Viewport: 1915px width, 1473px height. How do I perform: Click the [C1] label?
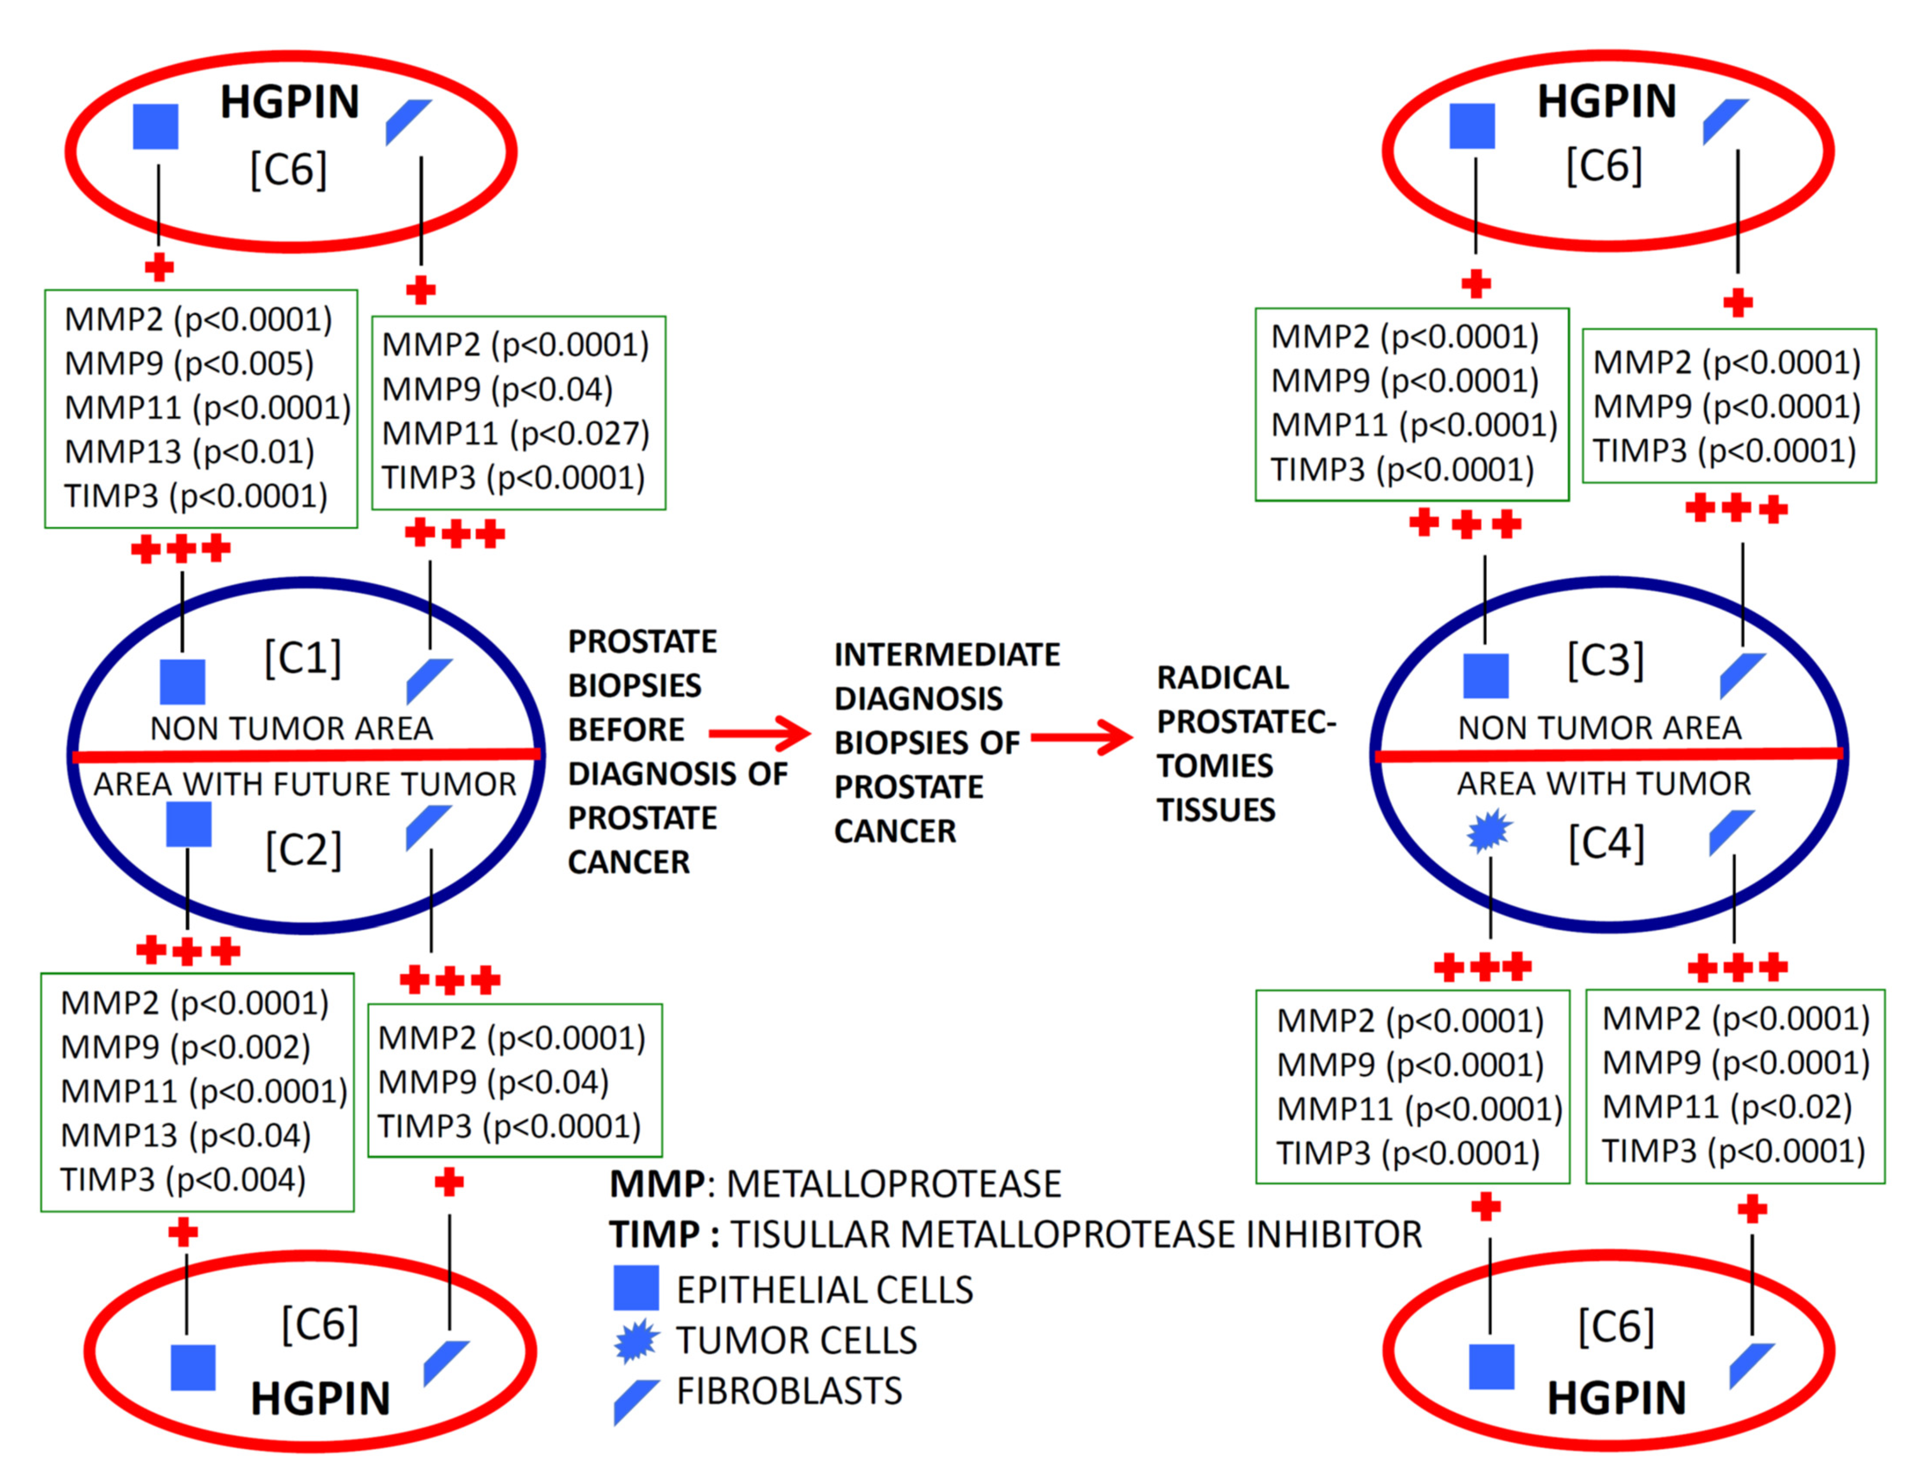tap(303, 658)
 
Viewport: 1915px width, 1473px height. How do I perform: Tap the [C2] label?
tap(304, 849)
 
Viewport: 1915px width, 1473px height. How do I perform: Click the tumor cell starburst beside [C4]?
tap(1489, 831)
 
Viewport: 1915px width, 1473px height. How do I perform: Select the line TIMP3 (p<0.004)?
tap(183, 1179)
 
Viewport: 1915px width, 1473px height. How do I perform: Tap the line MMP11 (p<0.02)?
tap(1727, 1106)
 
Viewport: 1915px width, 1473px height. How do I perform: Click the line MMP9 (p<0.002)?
tap(186, 1047)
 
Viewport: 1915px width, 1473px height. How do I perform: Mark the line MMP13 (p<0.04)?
tap(186, 1135)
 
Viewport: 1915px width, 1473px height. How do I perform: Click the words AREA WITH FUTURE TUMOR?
tap(305, 784)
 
